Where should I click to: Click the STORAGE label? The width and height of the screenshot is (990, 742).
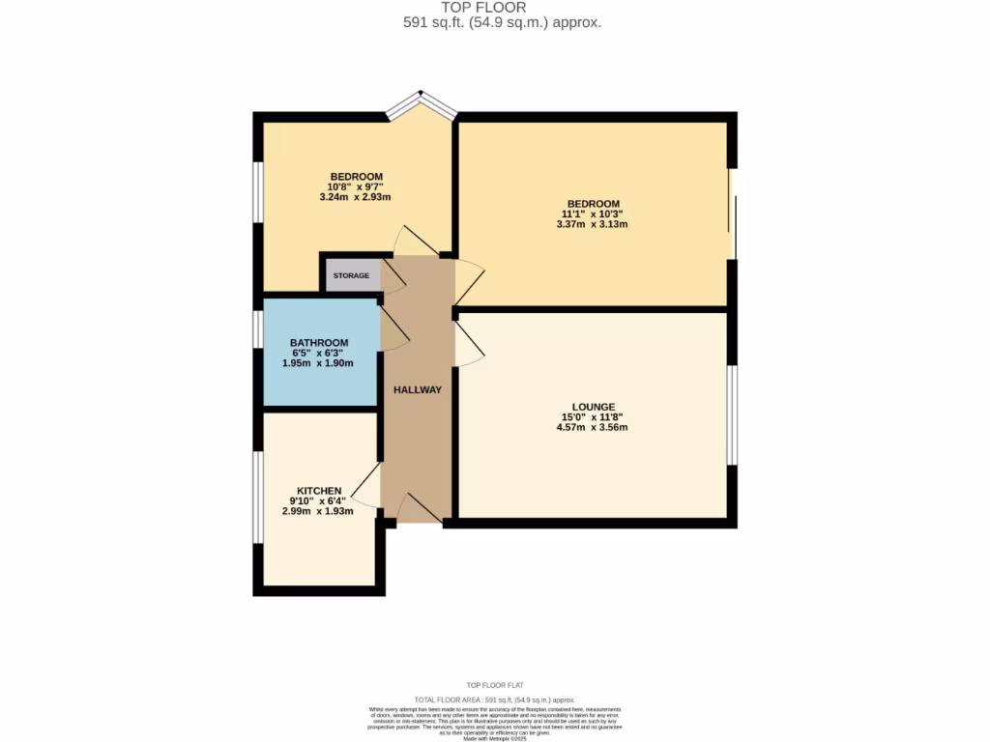coord(351,276)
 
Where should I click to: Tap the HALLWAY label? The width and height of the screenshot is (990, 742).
coord(417,390)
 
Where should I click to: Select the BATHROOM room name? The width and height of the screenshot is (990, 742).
coord(319,343)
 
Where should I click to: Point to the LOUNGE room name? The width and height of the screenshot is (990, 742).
coord(593,407)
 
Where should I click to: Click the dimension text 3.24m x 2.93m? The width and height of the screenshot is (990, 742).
coord(355,197)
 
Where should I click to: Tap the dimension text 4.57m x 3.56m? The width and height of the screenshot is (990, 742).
coord(593,427)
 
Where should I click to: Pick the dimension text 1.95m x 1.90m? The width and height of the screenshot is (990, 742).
coord(317,363)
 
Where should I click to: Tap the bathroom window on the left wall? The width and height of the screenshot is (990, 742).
coord(257,328)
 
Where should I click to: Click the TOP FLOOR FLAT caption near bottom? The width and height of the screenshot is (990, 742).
coord(495,684)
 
